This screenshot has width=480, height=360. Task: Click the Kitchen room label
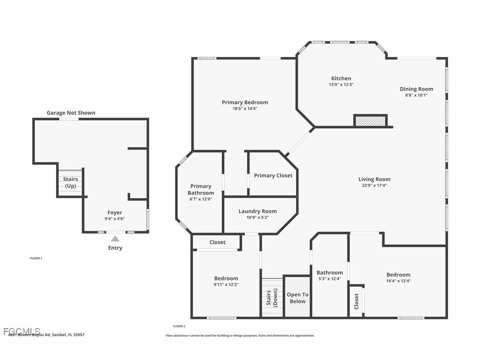pos(341,78)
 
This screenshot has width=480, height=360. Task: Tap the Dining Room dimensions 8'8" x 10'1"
pos(416,95)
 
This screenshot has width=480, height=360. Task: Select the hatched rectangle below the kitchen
pos(370,121)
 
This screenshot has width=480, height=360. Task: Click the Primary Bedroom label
pos(245,102)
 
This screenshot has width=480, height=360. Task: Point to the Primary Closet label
pos(273,176)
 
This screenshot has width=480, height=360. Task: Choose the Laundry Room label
pos(257,211)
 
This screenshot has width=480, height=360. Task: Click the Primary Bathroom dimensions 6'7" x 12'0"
pos(201,199)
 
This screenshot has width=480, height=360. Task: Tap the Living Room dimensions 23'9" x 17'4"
pos(374,186)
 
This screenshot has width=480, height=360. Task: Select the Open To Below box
pos(297,298)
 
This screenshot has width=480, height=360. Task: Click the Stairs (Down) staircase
pos(272,297)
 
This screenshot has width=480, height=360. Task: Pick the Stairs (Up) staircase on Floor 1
pos(70,182)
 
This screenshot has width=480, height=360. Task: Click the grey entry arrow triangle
pos(115,238)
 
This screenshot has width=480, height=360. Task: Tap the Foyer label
pos(115,213)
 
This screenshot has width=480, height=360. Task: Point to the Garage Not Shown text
pos(71,113)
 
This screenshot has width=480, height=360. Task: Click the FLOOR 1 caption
pos(36,258)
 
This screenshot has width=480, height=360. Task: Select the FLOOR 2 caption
pos(179,326)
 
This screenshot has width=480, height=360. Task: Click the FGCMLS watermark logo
pos(22,331)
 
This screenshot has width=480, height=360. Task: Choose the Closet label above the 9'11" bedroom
pos(217,242)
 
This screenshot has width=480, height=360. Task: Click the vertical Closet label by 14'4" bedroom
pos(357,301)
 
